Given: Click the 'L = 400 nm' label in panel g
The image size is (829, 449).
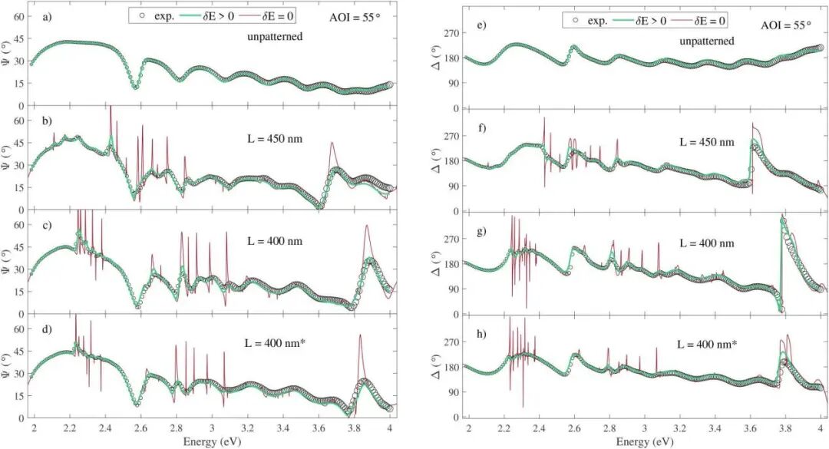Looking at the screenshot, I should coord(706,243).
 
